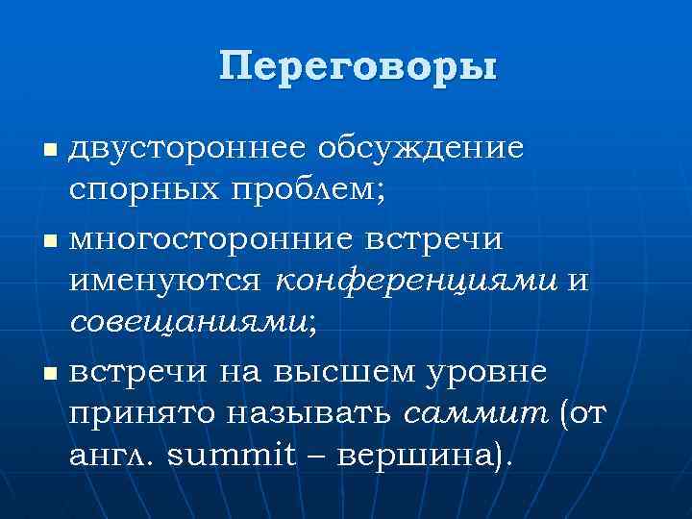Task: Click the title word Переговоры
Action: coord(358,69)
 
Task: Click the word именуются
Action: coord(164,282)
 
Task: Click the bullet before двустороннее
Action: coord(51,151)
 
